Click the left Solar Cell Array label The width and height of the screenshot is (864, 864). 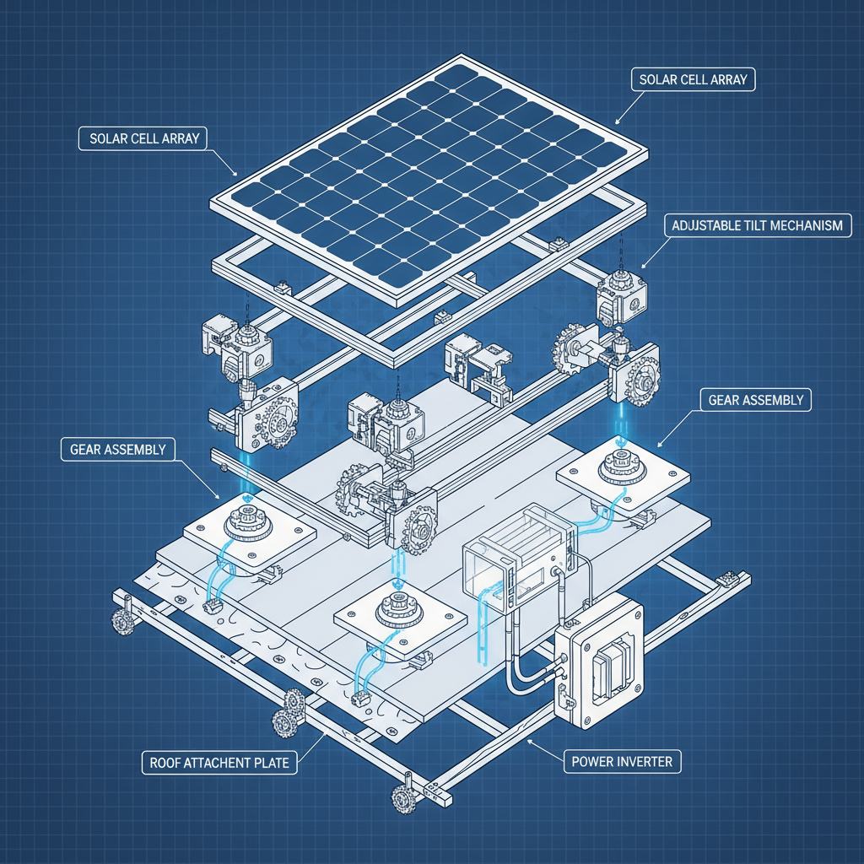click(x=143, y=138)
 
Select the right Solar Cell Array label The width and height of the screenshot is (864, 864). click(x=693, y=81)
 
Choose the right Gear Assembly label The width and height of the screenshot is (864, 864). click(x=755, y=399)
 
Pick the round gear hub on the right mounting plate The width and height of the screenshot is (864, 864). click(x=620, y=464)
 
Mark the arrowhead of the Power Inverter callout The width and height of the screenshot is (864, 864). click(x=526, y=740)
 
